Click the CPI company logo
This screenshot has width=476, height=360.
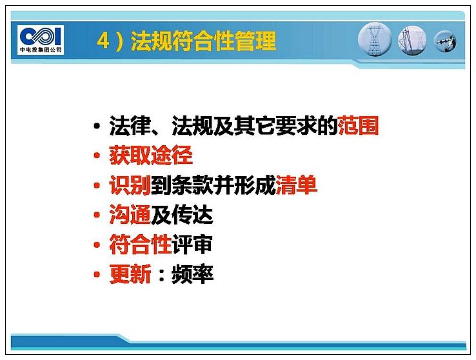(x=41, y=40)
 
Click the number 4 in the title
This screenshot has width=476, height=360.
(x=103, y=41)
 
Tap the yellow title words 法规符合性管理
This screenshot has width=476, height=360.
(x=203, y=41)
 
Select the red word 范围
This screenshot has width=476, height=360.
(x=358, y=125)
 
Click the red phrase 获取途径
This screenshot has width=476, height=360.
(x=151, y=155)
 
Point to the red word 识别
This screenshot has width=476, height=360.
(x=130, y=185)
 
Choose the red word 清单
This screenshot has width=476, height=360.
(x=296, y=185)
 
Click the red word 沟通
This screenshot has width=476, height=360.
(x=130, y=215)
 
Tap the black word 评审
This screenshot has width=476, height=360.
(x=192, y=245)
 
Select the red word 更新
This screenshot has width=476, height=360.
(x=130, y=274)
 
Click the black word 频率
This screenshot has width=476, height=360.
(x=192, y=274)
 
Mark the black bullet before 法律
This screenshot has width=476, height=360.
(x=97, y=126)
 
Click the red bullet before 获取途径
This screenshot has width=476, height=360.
(x=97, y=155)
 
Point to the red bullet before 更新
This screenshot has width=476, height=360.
(x=97, y=275)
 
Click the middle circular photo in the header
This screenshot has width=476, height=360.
(x=412, y=41)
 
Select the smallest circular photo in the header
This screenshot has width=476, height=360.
(x=445, y=41)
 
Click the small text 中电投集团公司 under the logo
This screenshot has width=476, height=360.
(x=41, y=50)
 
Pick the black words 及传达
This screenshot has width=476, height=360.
(x=182, y=215)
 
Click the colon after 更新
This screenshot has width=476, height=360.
(x=161, y=275)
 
